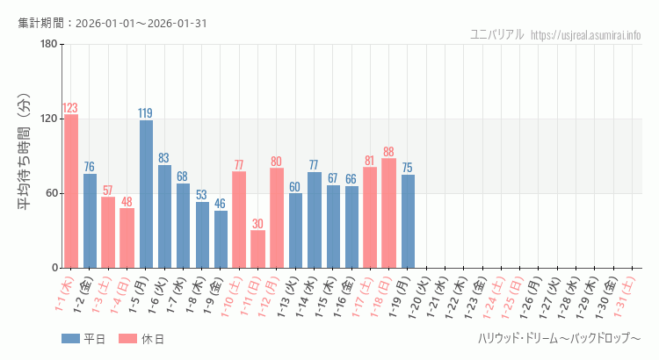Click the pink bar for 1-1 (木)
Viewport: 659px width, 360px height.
[x=71, y=191]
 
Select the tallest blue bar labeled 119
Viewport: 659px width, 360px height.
[x=146, y=194]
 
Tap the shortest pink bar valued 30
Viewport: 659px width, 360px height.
[x=257, y=249]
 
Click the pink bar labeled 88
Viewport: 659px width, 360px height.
[x=388, y=213]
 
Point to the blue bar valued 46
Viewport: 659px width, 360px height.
[x=221, y=239]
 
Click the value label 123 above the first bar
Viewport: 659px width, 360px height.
[x=71, y=108]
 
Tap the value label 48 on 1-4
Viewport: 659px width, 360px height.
[x=127, y=201]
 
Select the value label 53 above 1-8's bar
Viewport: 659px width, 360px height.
[x=202, y=195]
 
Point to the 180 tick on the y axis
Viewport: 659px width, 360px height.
[x=48, y=44]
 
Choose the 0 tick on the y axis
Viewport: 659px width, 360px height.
[x=54, y=268]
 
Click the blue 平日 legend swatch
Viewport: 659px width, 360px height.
[x=70, y=339]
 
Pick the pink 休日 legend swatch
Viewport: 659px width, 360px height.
[x=127, y=339]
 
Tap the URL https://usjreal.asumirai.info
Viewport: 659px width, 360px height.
[x=586, y=35]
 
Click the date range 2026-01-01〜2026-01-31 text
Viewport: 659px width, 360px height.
[x=141, y=22]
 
